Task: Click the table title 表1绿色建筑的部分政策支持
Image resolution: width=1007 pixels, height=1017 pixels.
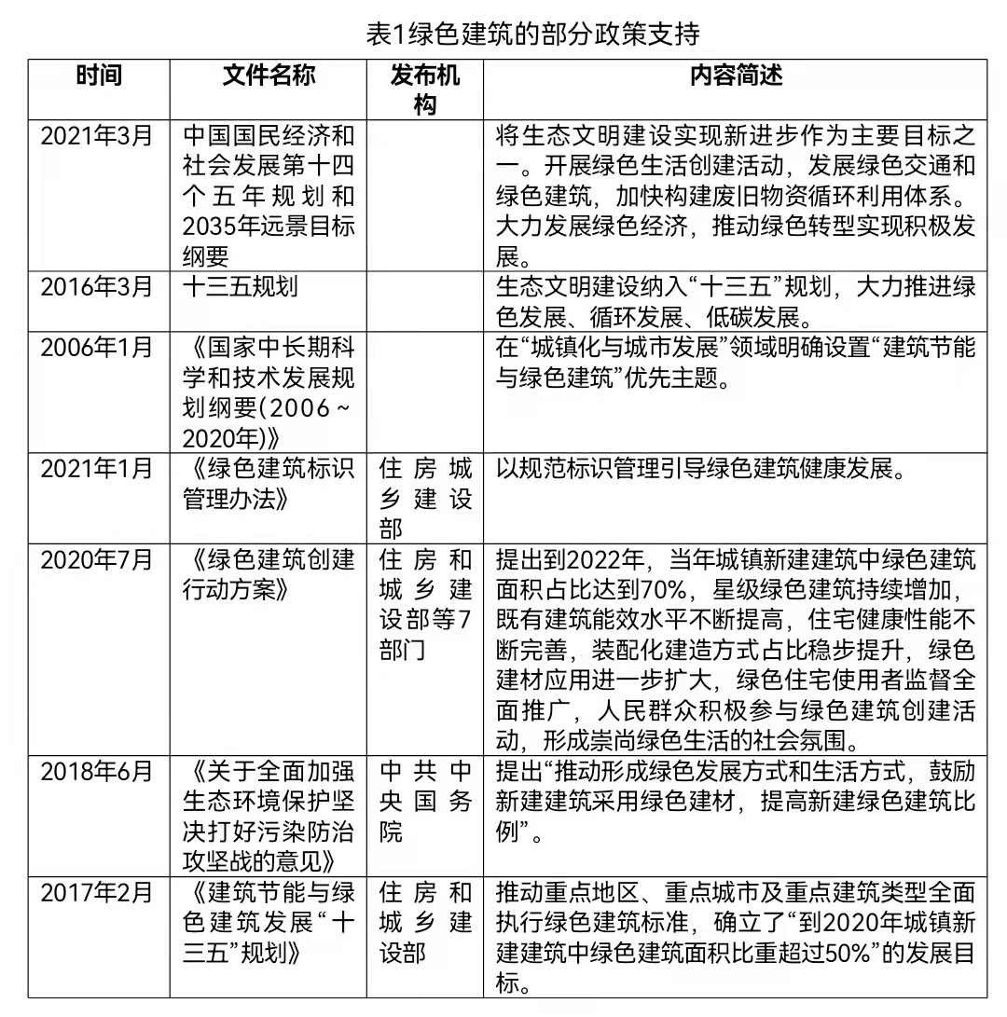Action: point(532,34)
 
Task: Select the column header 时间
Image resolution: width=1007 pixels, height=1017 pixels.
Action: point(99,76)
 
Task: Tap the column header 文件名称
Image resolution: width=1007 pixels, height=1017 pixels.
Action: point(269,76)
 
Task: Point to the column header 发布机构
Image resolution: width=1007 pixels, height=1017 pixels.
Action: point(425,89)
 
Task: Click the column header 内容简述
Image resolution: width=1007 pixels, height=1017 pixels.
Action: point(736,76)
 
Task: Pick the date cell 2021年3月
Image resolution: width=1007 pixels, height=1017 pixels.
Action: point(96,135)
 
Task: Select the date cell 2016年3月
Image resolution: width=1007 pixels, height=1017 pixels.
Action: point(96,287)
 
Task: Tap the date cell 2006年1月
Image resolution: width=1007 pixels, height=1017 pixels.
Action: point(96,348)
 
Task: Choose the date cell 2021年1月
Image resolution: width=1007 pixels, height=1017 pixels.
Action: point(96,469)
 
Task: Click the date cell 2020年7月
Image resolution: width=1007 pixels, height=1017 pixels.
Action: point(96,560)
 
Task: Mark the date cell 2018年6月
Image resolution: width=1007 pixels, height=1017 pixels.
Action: point(96,772)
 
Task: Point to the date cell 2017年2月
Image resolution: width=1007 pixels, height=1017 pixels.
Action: point(96,893)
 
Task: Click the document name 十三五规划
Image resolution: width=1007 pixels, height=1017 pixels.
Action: point(241,287)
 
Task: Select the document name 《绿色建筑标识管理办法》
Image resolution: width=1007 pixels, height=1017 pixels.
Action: point(269,484)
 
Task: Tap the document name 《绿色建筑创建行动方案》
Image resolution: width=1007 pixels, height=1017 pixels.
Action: point(269,575)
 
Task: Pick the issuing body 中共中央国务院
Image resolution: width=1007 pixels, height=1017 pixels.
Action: point(425,802)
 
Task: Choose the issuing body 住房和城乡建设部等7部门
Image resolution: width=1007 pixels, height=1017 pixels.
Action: point(425,605)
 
